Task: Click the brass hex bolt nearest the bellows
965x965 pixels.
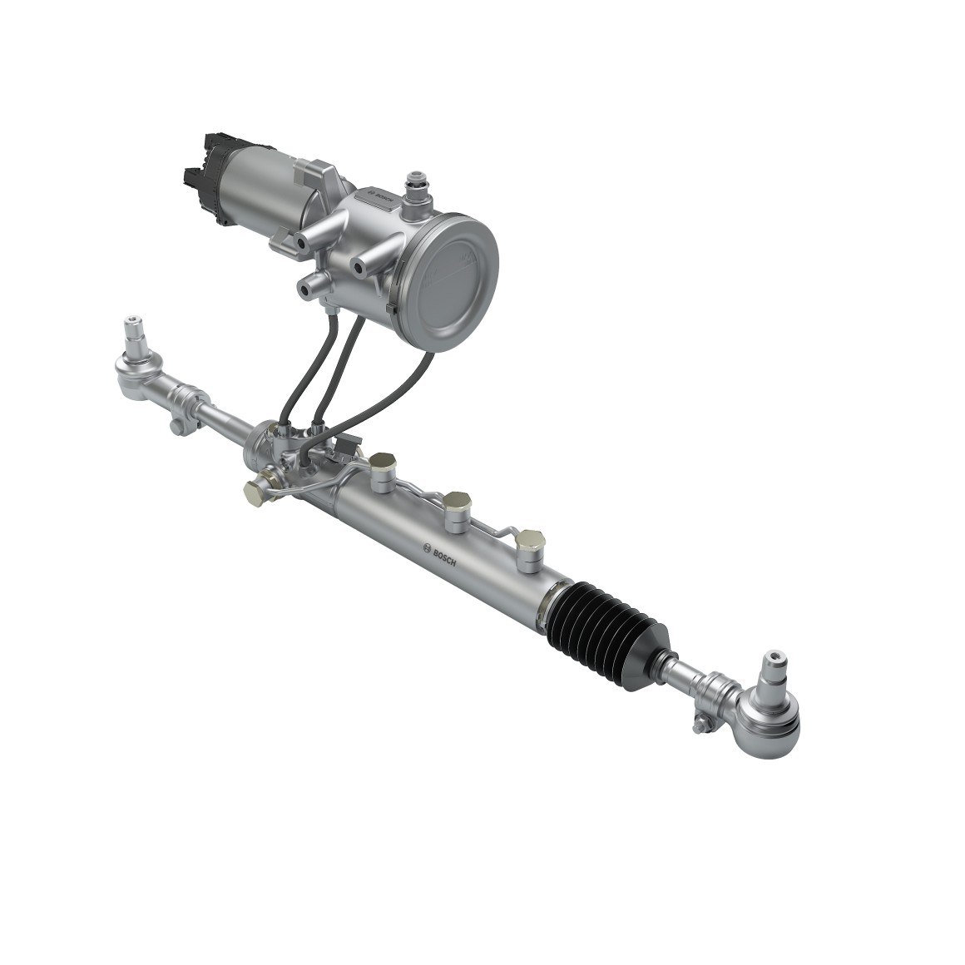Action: (530, 545)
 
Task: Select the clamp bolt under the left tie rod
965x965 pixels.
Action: (176, 427)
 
